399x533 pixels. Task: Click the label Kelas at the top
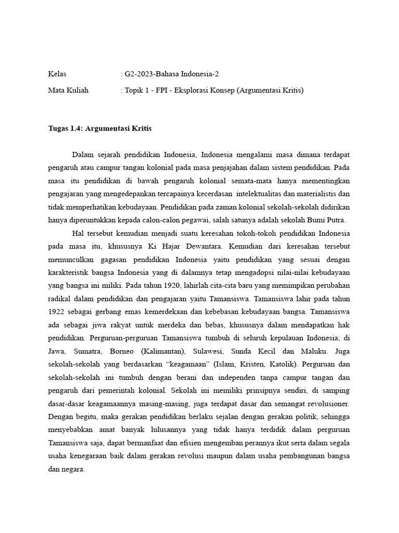(57, 74)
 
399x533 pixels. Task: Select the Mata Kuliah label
(68, 90)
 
